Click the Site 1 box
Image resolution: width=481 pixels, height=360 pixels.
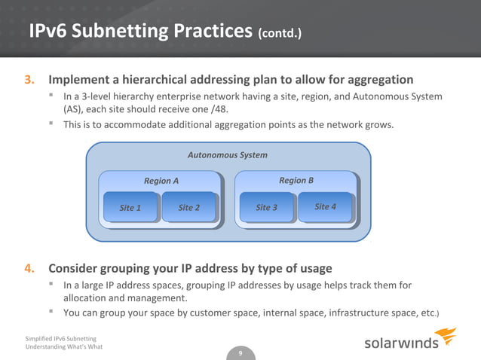click(131, 208)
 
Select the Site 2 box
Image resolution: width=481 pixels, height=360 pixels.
click(188, 208)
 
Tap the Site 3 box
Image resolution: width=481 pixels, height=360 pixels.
click(266, 208)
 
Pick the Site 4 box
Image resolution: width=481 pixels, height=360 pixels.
click(325, 207)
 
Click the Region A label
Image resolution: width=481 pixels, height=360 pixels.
click(161, 181)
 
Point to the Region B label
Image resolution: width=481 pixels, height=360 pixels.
click(296, 181)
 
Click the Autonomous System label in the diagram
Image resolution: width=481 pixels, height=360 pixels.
click(227, 155)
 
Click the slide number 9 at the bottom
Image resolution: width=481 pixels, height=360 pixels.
click(240, 353)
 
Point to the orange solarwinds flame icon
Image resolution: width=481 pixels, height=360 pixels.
click(446, 336)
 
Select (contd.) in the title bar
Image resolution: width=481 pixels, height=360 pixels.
click(280, 34)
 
